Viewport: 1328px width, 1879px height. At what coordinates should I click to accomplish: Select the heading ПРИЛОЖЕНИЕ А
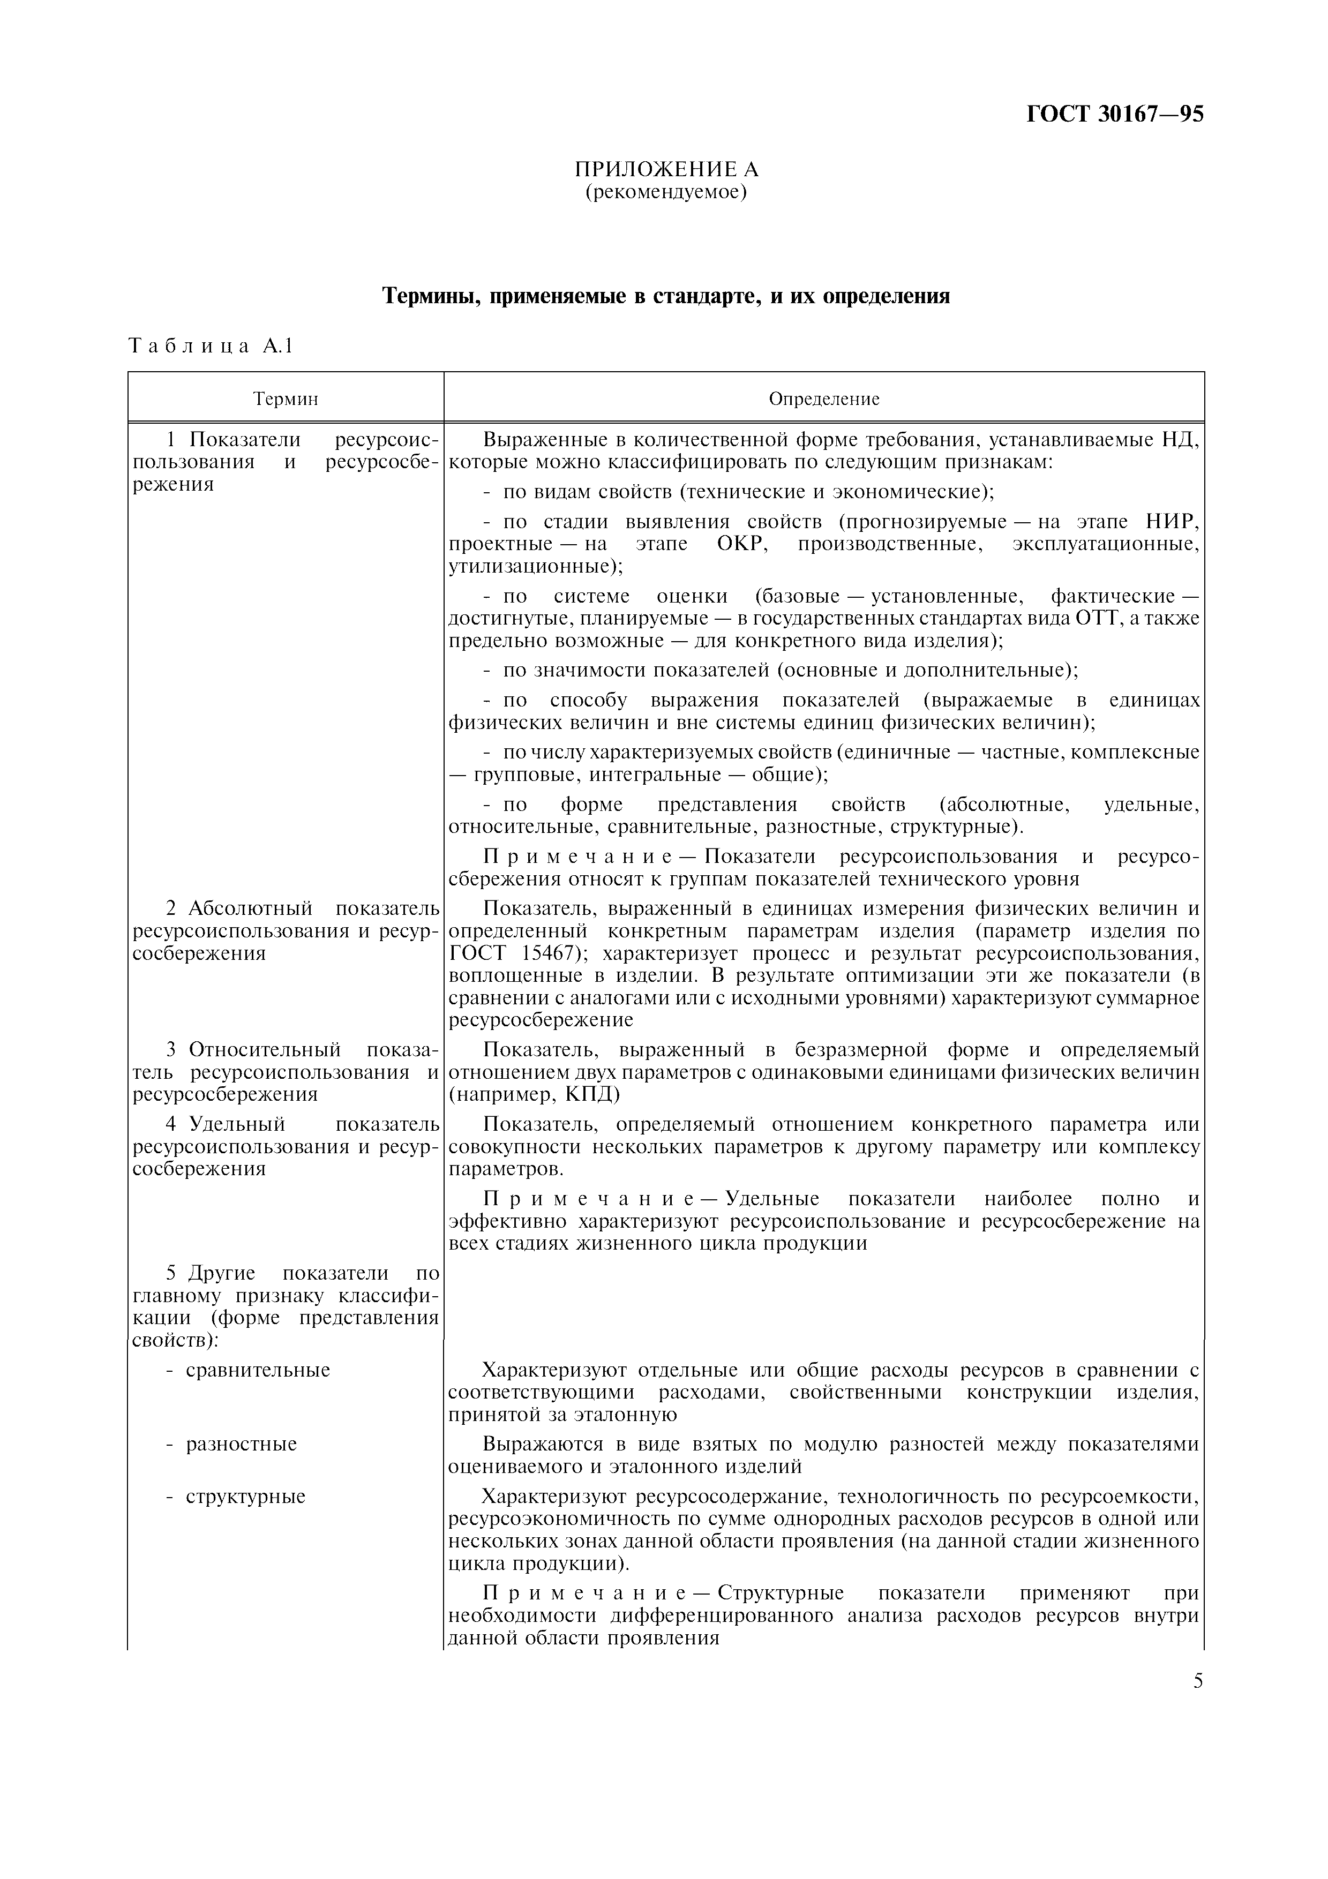pyautogui.click(x=666, y=169)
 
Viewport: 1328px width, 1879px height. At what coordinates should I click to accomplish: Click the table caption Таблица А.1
pyautogui.click(x=211, y=346)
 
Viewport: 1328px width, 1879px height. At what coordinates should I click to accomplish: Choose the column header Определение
pyautogui.click(x=824, y=400)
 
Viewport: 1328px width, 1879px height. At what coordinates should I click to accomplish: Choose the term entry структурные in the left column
pyautogui.click(x=245, y=1497)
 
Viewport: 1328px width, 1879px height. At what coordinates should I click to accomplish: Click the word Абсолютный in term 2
pyautogui.click(x=250, y=908)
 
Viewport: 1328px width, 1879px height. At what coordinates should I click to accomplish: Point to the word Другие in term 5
pyautogui.click(x=222, y=1273)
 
